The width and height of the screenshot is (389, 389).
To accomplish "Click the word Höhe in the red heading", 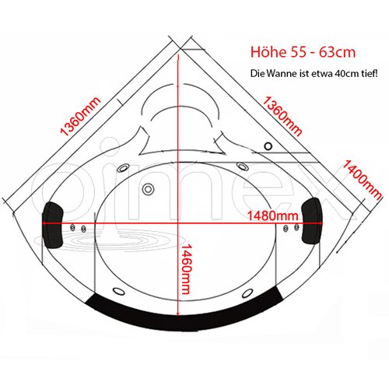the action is (x=268, y=52).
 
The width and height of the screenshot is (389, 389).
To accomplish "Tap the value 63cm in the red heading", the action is (x=337, y=52).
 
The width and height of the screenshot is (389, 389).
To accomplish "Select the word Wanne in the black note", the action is (x=281, y=74).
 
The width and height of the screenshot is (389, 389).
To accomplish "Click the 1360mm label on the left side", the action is (x=80, y=116).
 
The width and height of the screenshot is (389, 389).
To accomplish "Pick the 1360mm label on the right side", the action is (x=282, y=116).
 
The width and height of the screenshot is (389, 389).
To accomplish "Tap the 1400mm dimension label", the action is (x=363, y=180).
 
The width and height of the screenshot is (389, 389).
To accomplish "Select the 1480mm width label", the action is (x=273, y=216).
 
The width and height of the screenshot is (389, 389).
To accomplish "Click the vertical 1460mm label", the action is (x=186, y=269).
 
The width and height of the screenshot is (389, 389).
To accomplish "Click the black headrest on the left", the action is (x=53, y=225).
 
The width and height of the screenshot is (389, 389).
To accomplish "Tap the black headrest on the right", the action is (x=312, y=220).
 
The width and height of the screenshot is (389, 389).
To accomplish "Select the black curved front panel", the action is (x=184, y=317).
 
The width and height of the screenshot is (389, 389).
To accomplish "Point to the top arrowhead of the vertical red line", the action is (x=178, y=57).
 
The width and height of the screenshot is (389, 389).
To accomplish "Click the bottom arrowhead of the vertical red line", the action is (x=178, y=314).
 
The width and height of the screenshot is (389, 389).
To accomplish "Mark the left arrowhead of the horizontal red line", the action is (x=44, y=223).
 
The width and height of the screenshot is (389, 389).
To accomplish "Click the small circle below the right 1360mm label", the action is (x=268, y=146).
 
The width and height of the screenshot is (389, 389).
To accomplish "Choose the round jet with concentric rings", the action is (x=148, y=189).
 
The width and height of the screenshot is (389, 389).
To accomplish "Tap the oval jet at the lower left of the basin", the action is (x=119, y=291).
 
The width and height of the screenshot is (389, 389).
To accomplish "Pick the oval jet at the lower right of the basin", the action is (x=247, y=293).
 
